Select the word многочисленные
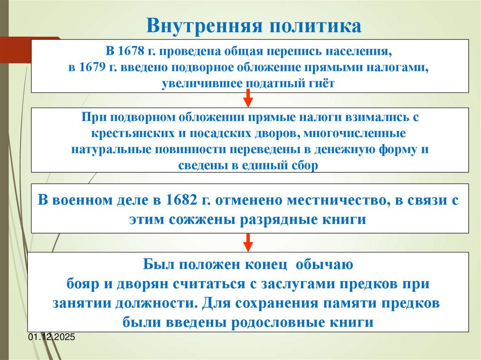(x=355, y=133)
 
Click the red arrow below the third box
(x=248, y=242)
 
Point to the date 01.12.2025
(x=52, y=337)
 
